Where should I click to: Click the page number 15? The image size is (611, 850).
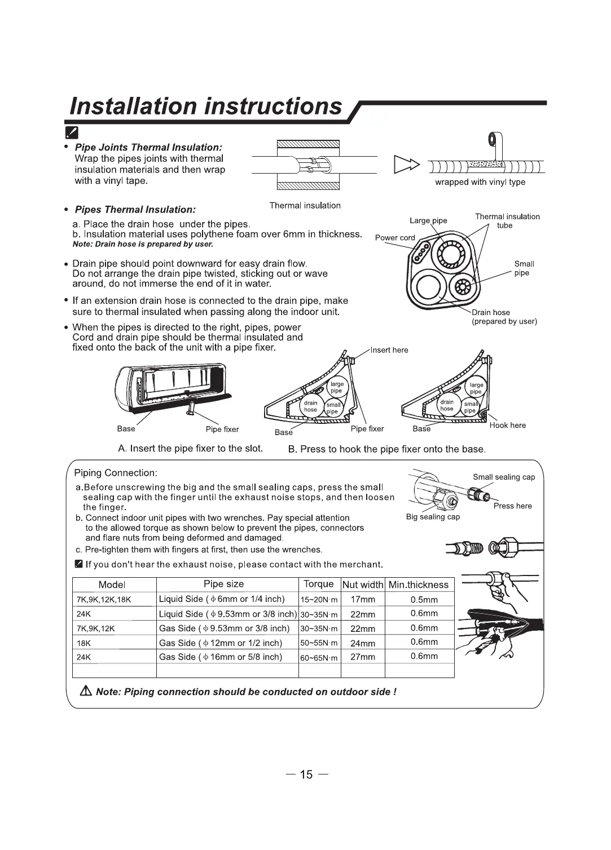[x=306, y=774]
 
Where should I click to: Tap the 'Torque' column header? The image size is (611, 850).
[x=319, y=584]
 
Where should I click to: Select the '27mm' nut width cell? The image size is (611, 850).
[x=363, y=657]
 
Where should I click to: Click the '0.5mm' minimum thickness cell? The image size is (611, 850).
[x=424, y=600]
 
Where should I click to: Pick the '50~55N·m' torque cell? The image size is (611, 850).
[x=319, y=643]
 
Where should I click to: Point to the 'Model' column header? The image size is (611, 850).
[x=112, y=585]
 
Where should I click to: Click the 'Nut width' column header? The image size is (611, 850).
[x=363, y=585]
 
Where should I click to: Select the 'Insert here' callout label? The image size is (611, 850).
[x=389, y=350]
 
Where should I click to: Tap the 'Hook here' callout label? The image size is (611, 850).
[x=508, y=425]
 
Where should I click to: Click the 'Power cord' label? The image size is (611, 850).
[x=395, y=238]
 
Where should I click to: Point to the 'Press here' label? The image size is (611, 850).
[x=512, y=506]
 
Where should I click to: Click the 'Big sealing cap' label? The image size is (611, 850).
[x=433, y=517]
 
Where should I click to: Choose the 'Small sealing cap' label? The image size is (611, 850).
[x=504, y=477]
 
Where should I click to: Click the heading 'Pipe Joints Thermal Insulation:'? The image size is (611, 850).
[x=149, y=148]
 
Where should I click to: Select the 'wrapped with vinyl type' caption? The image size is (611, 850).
[x=480, y=182]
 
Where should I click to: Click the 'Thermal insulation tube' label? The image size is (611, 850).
[x=507, y=221]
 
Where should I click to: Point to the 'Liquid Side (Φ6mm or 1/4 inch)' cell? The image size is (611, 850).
[x=222, y=599]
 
